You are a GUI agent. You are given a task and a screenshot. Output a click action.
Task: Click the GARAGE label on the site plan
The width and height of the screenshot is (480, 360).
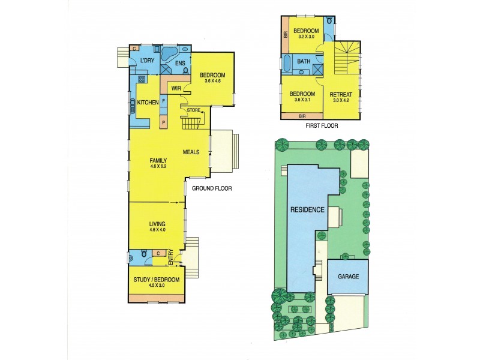click(x=348, y=277)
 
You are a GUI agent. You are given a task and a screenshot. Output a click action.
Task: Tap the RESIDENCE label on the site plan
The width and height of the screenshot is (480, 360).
click(x=308, y=210)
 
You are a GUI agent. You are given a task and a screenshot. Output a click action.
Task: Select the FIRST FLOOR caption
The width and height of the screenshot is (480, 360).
click(x=322, y=126)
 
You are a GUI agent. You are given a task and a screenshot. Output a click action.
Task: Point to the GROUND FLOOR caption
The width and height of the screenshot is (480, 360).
click(x=211, y=188)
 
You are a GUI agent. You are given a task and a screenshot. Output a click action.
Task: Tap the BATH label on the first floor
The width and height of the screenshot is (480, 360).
click(x=303, y=61)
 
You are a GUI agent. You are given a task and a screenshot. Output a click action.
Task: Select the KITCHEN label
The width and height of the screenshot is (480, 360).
click(x=148, y=103)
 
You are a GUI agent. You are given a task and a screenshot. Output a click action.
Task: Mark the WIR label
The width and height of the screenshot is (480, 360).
click(x=176, y=88)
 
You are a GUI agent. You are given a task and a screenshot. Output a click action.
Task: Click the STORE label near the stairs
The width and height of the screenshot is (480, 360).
click(x=193, y=110)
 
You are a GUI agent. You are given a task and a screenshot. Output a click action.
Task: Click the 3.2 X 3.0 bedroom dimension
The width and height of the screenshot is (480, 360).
click(x=305, y=37)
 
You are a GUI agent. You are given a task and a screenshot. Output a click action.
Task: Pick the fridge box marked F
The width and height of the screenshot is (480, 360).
click(x=163, y=101)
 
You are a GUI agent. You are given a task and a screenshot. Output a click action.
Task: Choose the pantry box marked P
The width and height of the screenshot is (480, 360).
click(x=163, y=122)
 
